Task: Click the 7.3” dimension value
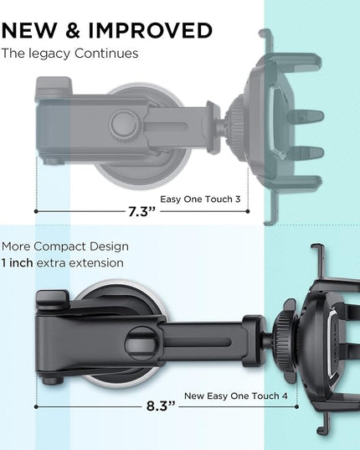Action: (141, 211)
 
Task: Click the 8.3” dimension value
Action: (161, 406)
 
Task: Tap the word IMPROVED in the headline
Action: (151, 30)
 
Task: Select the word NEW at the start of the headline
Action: (29, 30)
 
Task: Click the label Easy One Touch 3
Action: (200, 199)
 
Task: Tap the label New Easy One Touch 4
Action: (235, 396)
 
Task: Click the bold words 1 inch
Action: (17, 263)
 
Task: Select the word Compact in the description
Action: (59, 246)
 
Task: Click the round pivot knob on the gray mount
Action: (125, 123)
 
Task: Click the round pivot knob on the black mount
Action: (141, 344)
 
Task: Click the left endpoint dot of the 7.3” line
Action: (36, 211)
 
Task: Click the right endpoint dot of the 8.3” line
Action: (296, 406)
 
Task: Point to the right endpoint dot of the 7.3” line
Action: (248, 211)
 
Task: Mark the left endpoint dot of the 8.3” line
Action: (36, 406)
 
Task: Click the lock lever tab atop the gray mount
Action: (54, 85)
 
